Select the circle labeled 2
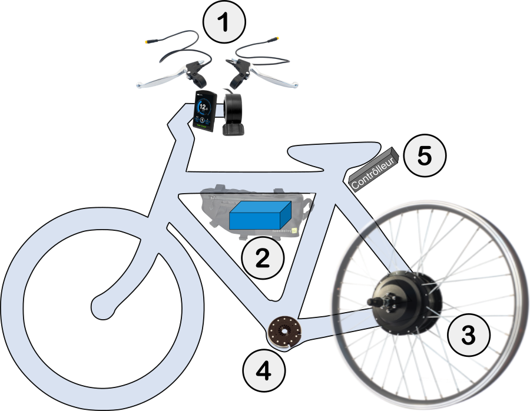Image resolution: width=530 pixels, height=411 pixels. point(263,257)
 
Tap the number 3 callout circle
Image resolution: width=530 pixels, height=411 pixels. point(469,335)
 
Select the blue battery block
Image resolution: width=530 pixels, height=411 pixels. point(260,216)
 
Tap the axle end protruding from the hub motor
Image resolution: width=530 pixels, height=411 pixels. point(371,302)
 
